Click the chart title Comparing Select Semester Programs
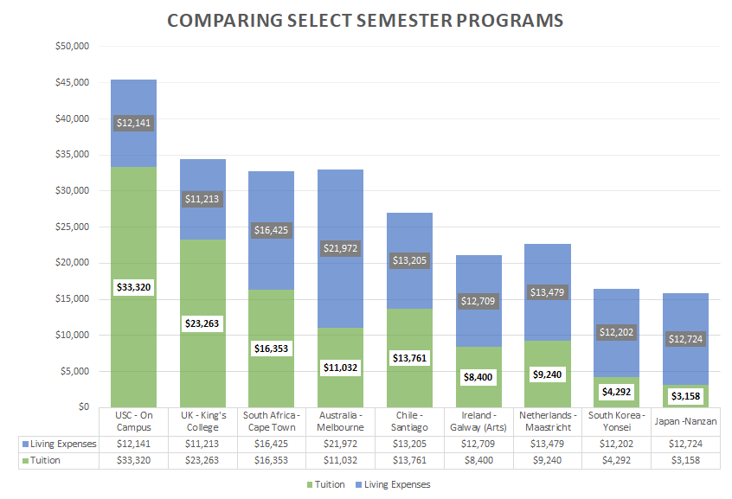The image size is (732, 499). [364, 20]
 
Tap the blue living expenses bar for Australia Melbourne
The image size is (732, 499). [341, 208]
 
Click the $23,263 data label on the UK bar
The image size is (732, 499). [202, 323]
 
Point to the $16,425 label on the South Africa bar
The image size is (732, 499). [272, 230]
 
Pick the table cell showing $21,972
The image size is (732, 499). [341, 443]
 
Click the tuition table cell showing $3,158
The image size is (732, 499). [686, 460]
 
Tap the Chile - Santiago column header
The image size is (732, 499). [410, 421]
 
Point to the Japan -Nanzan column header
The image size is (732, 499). [686, 421]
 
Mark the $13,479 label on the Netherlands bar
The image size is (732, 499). [548, 292]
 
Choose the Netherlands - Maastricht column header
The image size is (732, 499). [548, 421]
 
